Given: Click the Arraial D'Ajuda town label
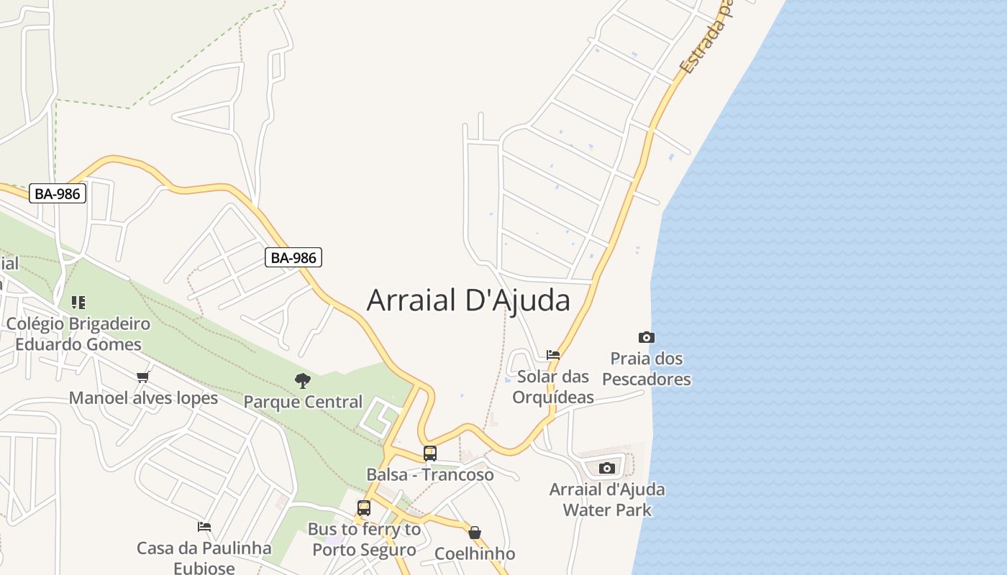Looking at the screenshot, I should (x=468, y=300).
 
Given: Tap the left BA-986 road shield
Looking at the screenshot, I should (x=58, y=193).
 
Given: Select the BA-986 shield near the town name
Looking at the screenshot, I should (x=293, y=257).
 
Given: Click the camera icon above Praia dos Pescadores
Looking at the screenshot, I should (x=646, y=337).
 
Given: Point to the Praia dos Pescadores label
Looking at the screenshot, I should (x=647, y=369).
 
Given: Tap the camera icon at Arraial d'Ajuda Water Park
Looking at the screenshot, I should (x=607, y=469).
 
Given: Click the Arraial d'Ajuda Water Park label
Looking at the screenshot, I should (x=607, y=500).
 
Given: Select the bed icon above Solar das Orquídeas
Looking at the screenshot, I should (x=553, y=354).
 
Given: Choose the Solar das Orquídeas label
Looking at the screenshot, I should (x=553, y=387).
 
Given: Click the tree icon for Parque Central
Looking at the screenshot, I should (x=303, y=381).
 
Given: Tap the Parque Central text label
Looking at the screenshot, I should (x=303, y=402).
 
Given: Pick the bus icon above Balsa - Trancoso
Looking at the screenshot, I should (x=430, y=454).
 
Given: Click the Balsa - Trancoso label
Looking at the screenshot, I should (x=430, y=475).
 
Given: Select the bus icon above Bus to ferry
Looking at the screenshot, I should (x=364, y=508).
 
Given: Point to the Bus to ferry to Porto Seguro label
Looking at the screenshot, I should (x=364, y=540).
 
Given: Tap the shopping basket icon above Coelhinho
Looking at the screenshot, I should (x=475, y=533).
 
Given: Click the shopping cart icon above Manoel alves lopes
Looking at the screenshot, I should (x=143, y=377).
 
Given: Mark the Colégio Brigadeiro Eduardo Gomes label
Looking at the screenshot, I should (x=78, y=333).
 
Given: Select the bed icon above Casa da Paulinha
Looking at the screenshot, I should (x=204, y=527).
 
